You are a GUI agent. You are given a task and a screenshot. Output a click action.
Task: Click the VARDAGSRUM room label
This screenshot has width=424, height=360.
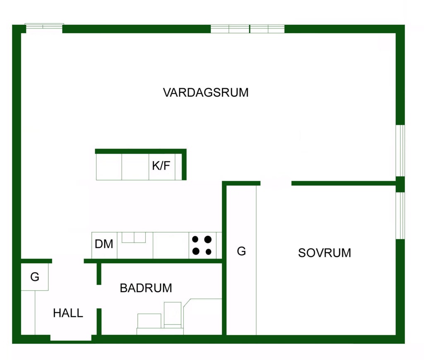point(206,92)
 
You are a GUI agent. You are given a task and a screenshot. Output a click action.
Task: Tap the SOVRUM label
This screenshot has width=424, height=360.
point(324,253)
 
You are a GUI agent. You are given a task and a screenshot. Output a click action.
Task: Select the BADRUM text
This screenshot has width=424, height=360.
point(146,288)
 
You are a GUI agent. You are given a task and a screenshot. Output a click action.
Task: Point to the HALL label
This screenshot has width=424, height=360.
point(68,313)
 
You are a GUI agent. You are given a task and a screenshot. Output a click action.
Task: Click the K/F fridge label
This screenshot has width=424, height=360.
point(161,166)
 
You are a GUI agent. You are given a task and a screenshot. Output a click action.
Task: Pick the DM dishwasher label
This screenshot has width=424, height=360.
point(104,244)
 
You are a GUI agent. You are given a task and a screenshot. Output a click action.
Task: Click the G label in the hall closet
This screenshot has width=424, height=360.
point(35,277)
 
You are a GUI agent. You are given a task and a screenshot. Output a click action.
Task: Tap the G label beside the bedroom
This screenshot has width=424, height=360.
point(241,251)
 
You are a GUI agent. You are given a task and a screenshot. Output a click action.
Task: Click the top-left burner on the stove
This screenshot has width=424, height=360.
point(195,239)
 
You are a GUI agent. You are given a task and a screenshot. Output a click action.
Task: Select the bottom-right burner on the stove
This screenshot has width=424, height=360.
point(208,252)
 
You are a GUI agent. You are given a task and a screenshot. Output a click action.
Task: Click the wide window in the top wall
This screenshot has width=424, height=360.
point(248,29)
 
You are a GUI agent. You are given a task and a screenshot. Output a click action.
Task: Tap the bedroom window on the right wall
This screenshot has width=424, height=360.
point(400,216)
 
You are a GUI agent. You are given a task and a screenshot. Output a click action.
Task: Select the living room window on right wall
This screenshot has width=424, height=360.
point(400,151)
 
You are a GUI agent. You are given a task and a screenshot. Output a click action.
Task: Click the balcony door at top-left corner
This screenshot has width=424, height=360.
point(44,27)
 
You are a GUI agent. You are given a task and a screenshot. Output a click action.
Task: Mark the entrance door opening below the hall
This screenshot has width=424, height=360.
point(71,338)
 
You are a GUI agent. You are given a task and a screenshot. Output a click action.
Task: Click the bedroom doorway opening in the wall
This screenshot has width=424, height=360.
point(276,183)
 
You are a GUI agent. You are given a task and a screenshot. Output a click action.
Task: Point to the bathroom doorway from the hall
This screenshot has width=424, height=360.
point(99,296)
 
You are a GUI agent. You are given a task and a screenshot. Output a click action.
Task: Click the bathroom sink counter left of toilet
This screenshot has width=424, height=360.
point(149,321)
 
